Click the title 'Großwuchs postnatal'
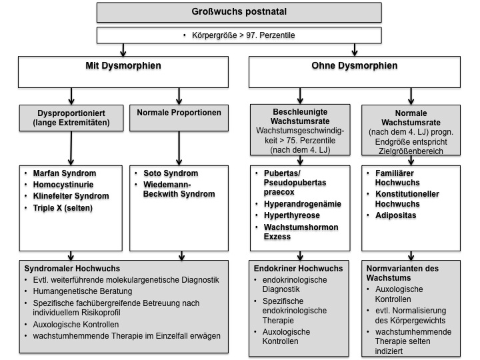[239, 11]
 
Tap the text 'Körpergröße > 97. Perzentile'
[243, 35]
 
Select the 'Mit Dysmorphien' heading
[123, 65]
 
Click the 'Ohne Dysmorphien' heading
[355, 65]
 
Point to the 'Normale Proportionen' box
[179, 118]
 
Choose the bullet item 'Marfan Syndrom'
[65, 173]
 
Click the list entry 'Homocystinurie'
[63, 185]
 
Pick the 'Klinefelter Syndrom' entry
[71, 196]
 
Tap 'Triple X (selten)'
[63, 208]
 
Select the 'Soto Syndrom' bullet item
[171, 173]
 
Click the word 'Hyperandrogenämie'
[303, 204]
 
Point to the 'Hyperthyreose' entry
[292, 215]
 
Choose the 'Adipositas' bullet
[396, 215]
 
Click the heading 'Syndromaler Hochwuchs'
[72, 269]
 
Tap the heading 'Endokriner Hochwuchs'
[298, 269]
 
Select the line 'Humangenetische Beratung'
[83, 291]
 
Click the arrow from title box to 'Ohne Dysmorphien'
[355, 50]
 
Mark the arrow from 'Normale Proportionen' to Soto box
[179, 149]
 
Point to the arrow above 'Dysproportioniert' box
[71, 97]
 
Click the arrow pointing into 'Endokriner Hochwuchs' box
[300, 256]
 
